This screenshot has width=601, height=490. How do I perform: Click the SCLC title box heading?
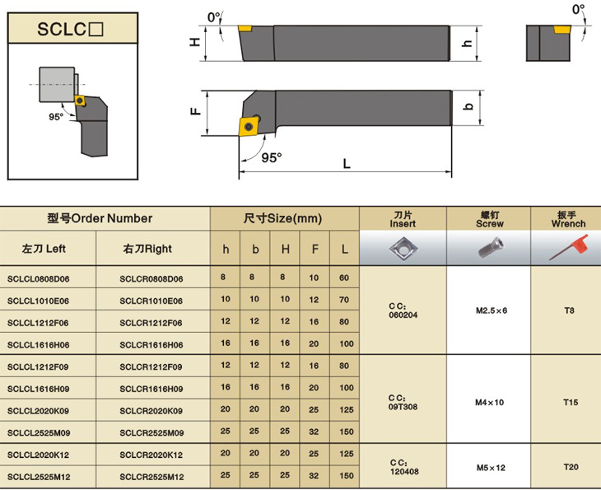click(x=70, y=29)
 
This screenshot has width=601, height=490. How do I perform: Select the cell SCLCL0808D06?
click(x=39, y=278)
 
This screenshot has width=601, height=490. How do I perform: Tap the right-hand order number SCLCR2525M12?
click(x=151, y=477)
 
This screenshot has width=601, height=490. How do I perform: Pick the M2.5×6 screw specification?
click(x=492, y=310)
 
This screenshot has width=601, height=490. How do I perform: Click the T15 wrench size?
click(x=571, y=402)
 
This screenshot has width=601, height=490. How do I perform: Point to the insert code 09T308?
click(x=403, y=407)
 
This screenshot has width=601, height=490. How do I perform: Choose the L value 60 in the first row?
click(x=344, y=278)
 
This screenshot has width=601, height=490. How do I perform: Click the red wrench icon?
click(x=568, y=247)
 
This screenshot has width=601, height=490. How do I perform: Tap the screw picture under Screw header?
click(x=492, y=247)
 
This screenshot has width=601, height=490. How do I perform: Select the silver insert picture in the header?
click(x=403, y=248)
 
